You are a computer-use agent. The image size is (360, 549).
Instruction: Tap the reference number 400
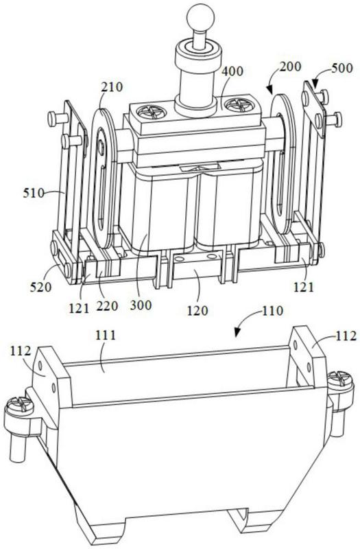[x=232, y=71]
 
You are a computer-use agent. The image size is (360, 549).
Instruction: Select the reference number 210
[x=112, y=86]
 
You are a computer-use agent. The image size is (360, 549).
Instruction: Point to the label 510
[x=34, y=193]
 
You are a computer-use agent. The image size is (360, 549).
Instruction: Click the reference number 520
[x=40, y=287]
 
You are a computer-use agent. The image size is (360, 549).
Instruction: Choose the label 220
[x=107, y=305]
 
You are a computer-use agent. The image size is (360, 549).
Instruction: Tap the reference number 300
[x=141, y=305]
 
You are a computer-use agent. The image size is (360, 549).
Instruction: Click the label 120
[x=197, y=310]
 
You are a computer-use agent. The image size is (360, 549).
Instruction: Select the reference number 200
[x=290, y=66]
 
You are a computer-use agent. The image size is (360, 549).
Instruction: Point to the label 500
[x=342, y=67]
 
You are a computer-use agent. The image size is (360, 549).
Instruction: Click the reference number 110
[x=272, y=311]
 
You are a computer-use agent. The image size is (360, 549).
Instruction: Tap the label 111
[x=106, y=335]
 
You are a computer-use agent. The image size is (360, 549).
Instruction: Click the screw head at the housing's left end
[x=19, y=408]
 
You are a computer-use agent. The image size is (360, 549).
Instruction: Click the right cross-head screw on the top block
[x=237, y=104]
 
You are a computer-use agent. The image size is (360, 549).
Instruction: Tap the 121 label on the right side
[x=304, y=287]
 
